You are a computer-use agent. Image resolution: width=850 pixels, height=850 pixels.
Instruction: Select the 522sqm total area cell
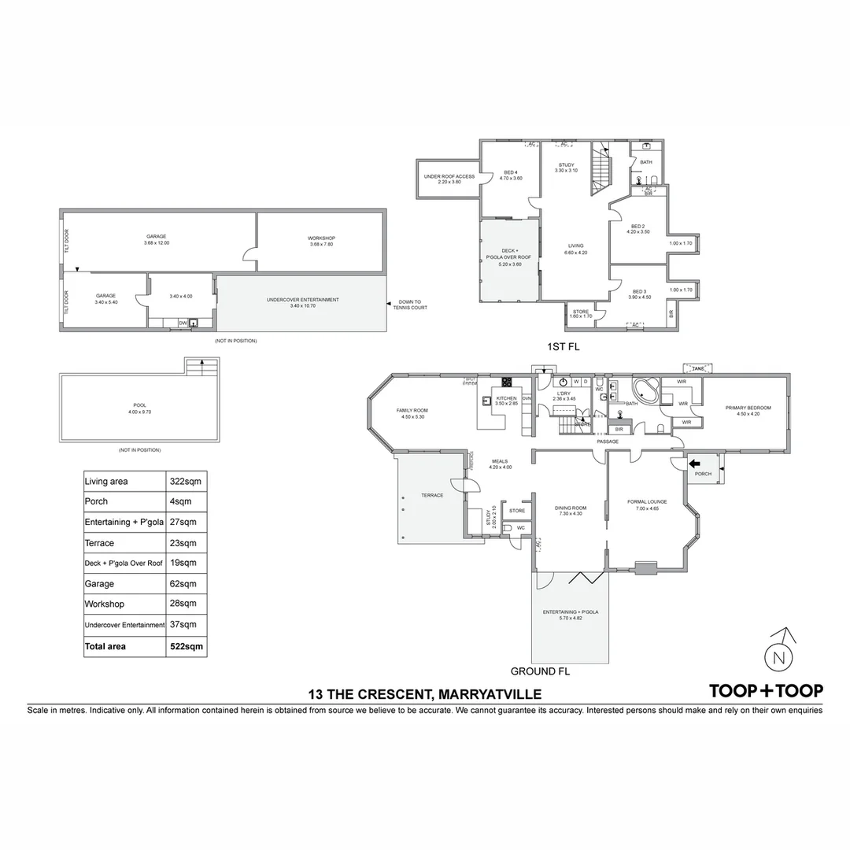click(187, 646)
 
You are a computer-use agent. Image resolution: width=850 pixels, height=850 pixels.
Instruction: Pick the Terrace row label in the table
click(99, 543)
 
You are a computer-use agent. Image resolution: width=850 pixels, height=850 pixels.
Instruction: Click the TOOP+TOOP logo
click(766, 691)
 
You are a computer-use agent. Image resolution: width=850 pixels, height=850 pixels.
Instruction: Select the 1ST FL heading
click(563, 346)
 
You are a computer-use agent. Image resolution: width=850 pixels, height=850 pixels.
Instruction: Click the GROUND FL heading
click(540, 672)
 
